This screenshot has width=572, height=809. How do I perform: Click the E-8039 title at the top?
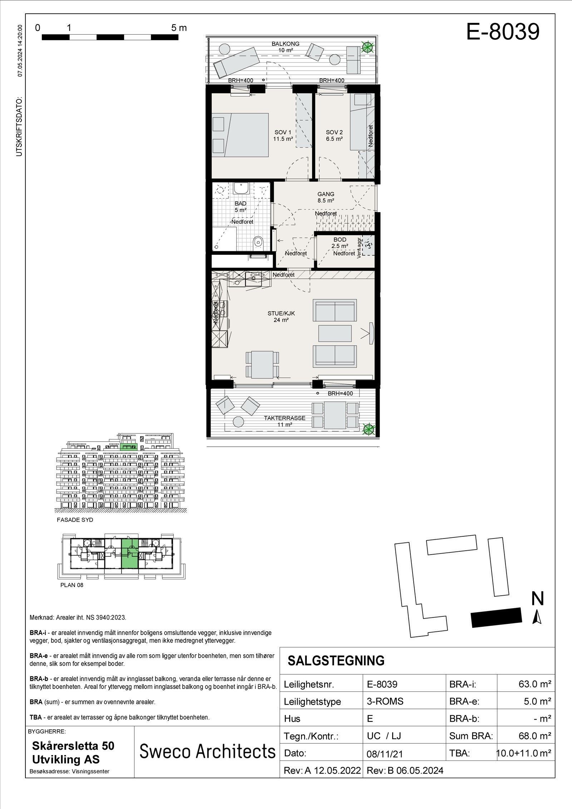[x=503, y=33]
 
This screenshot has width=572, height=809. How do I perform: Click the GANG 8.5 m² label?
[x=326, y=197]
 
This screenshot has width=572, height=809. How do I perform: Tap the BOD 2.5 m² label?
[x=340, y=243]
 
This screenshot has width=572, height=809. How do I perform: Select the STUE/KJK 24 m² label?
[x=281, y=317]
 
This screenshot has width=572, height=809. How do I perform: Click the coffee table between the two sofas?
[x=335, y=333]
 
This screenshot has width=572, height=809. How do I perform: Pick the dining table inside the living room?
[x=262, y=364]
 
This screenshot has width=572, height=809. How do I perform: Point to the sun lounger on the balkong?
[x=233, y=60]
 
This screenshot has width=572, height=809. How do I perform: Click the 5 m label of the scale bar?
[x=179, y=28]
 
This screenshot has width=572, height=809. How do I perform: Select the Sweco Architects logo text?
[x=207, y=751]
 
